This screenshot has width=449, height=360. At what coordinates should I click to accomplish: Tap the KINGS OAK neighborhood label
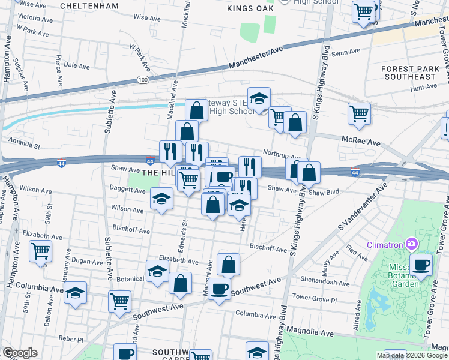tap(251, 8)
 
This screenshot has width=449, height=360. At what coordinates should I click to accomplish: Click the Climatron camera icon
tap(412, 244)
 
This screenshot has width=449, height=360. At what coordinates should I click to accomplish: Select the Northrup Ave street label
tap(281, 154)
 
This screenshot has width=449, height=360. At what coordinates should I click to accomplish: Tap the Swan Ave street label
tap(345, 53)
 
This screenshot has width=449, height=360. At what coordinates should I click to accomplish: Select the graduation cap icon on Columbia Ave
tap(76, 293)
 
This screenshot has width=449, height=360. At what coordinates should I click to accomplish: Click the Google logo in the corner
tap(19, 353)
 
